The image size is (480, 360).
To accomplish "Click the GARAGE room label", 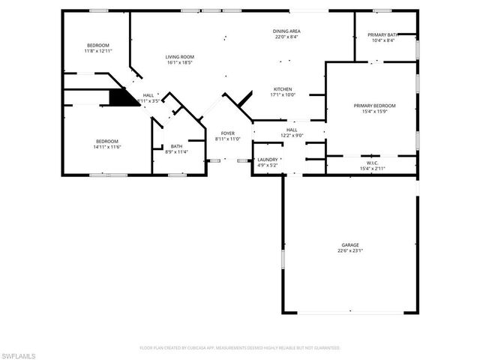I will click(x=350, y=244).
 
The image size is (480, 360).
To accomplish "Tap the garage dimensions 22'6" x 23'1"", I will click(x=350, y=250).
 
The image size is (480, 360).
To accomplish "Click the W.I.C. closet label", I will click(x=372, y=163).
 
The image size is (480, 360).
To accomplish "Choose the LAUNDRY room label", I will click(x=268, y=159).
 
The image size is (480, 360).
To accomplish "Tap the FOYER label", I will click(x=227, y=133).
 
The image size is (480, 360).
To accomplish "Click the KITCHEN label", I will click(x=283, y=88).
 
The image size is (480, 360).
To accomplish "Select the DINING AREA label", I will click(x=286, y=31).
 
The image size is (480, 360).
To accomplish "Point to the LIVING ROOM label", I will click(x=180, y=57).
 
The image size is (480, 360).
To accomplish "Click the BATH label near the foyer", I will click(x=176, y=146).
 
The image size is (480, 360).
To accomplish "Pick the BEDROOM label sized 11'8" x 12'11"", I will click(x=97, y=45).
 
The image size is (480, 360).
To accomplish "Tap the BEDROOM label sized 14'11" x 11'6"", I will click(x=106, y=141).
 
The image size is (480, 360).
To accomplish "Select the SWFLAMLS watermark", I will click(x=19, y=352).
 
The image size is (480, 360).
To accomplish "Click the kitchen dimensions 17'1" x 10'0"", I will click(x=283, y=94).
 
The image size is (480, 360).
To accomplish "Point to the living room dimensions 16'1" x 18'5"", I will click(x=180, y=63).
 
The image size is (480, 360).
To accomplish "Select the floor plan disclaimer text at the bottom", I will click(x=240, y=348).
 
